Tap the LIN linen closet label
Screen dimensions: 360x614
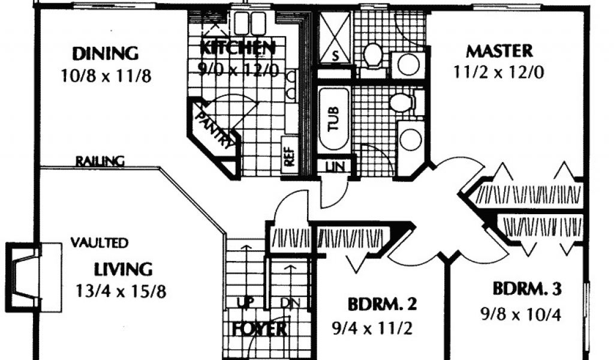336,166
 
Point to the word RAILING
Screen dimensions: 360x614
100,161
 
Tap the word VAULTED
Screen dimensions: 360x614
99,243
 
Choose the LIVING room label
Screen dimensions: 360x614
123,268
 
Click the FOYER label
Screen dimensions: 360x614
259,329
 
